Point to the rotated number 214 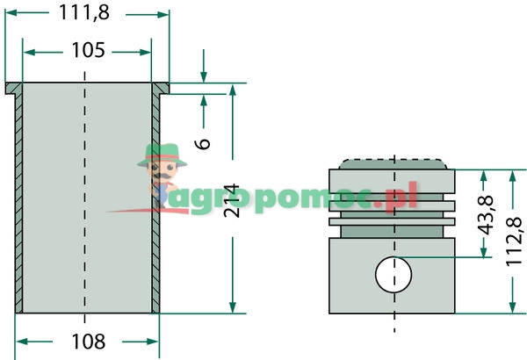tap(231, 201)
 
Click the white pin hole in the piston tap(393, 275)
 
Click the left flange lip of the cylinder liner tap(12, 89)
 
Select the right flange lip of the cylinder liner tap(161, 89)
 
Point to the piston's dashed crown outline tap(393, 162)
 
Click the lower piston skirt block tap(393, 279)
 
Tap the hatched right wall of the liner tap(155, 202)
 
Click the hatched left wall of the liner tap(18, 202)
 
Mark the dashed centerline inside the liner tap(84, 202)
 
